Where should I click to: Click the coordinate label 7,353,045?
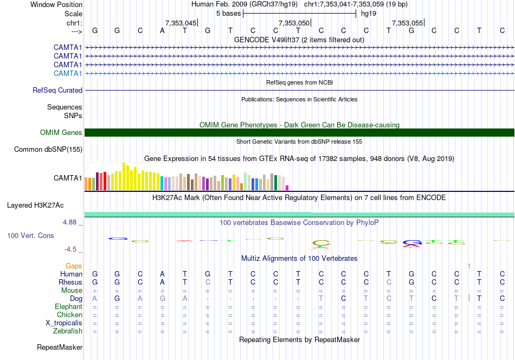coord(181,23)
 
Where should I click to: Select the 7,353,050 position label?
coord(294,23)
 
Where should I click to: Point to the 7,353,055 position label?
coord(407,23)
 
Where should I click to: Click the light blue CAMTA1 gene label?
coord(68,73)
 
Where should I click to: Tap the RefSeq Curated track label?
coord(57,91)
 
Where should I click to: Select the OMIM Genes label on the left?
coord(61,133)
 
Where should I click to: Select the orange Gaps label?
coord(74,266)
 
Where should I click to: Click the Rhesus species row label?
coord(70,282)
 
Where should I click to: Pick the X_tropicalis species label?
coord(64,323)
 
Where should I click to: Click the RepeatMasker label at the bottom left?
coord(60,347)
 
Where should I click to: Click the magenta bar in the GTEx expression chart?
coord(287,188)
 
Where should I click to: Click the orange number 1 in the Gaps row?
coord(469,266)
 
